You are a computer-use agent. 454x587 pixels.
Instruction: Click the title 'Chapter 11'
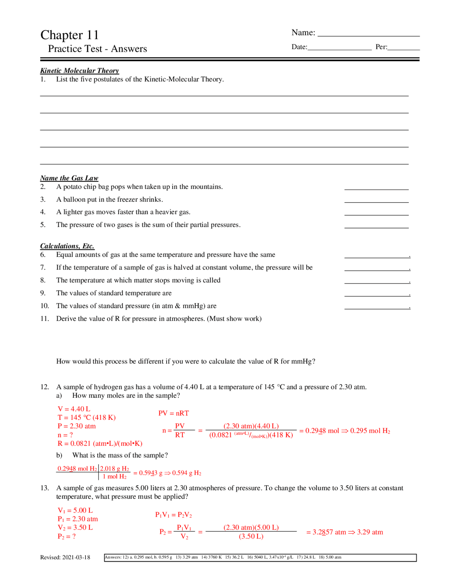click(x=70, y=35)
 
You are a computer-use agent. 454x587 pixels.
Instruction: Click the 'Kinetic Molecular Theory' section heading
click(x=79, y=71)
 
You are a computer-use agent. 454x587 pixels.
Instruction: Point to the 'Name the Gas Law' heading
click(x=69, y=178)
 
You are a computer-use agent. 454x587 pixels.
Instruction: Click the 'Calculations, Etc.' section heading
click(x=67, y=246)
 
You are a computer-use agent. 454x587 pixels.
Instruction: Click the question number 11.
click(x=44, y=319)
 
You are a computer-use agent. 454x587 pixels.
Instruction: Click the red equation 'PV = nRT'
click(x=173, y=413)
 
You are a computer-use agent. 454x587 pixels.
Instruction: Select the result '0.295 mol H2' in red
click(x=370, y=431)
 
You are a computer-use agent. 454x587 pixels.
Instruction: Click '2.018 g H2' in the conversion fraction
click(x=115, y=469)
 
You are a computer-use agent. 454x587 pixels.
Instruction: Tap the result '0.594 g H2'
click(x=187, y=473)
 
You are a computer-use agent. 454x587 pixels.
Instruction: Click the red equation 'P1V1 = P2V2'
click(x=173, y=515)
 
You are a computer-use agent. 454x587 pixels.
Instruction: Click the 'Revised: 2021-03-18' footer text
click(x=65, y=558)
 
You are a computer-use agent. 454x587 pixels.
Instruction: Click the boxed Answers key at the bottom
click(x=260, y=558)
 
